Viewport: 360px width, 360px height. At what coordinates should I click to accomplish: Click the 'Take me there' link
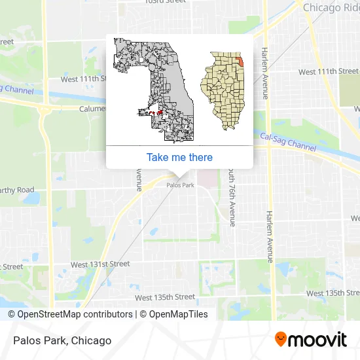[179, 157]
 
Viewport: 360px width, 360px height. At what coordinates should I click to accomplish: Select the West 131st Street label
[100, 264]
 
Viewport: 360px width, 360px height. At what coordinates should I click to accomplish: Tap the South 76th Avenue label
[232, 195]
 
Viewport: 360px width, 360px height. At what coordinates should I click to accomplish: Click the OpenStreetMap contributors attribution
[70, 314]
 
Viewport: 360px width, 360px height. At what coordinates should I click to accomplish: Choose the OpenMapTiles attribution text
[175, 314]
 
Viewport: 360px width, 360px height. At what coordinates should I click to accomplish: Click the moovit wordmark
[318, 340]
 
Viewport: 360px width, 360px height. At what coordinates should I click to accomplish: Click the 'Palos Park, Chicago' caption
[61, 340]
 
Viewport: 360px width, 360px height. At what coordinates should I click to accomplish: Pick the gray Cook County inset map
[156, 90]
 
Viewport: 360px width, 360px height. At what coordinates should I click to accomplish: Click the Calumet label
[92, 109]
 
